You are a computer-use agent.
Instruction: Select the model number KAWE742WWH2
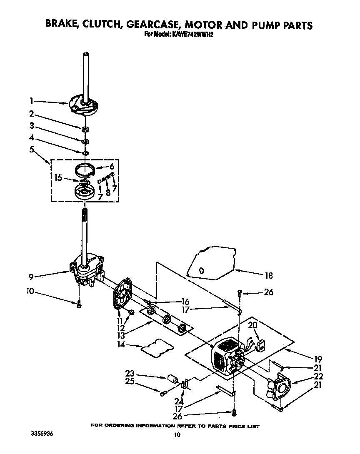pyautogui.click(x=192, y=35)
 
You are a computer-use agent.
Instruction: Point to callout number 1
pyautogui.click(x=32, y=100)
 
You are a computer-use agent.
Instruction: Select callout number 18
pyautogui.click(x=269, y=275)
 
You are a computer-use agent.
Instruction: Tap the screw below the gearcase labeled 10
pyautogui.click(x=79, y=304)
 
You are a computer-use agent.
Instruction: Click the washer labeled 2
pyautogui.click(x=85, y=129)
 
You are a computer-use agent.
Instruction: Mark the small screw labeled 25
pyautogui.click(x=163, y=392)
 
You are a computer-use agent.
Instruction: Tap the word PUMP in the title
pyautogui.click(x=260, y=25)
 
